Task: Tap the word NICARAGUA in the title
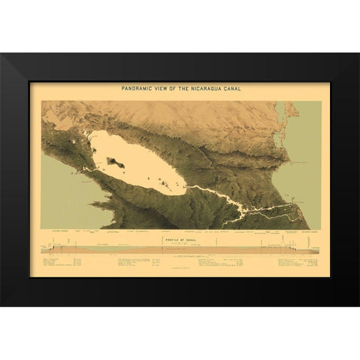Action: pyautogui.click(x=202, y=88)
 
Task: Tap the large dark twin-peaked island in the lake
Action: pyautogui.click(x=116, y=160)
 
